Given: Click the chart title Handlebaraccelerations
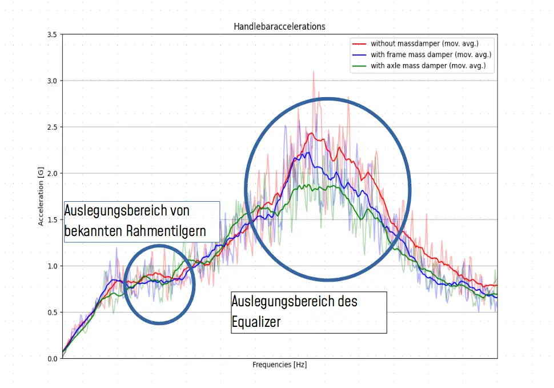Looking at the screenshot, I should (279, 26).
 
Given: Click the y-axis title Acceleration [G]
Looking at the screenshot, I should (41, 197).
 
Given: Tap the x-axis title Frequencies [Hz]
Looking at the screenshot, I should (279, 364).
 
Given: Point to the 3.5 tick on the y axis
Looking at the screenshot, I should (51, 35).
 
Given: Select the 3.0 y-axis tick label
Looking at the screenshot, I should (51, 81).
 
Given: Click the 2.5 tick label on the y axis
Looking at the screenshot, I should (51, 127).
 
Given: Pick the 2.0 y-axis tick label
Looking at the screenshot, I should (51, 173).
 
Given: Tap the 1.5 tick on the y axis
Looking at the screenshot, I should (51, 220).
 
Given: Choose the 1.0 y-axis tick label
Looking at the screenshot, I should (51, 266).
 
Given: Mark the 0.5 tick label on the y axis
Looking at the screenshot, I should (51, 313).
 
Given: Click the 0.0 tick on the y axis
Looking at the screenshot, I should (51, 359).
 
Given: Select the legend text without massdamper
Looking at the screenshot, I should (424, 43).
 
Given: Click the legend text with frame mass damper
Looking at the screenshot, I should (431, 55).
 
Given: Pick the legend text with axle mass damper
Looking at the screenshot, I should (428, 66).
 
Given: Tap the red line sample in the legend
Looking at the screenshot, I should (359, 43).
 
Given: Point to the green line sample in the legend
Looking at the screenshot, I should (359, 66).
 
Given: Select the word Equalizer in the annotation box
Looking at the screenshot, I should (256, 322).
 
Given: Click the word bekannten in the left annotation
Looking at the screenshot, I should (97, 231).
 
